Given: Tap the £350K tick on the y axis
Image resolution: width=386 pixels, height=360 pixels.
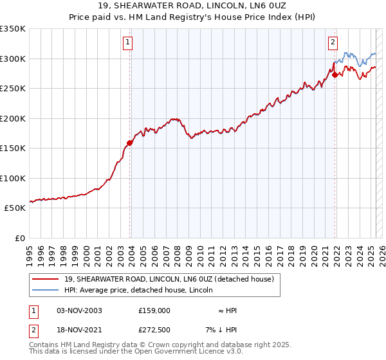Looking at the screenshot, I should click(x=13, y=29).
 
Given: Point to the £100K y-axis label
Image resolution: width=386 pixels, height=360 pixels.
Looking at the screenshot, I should click(x=13, y=178).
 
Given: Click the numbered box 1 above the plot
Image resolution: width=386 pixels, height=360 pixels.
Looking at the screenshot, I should click(x=128, y=43).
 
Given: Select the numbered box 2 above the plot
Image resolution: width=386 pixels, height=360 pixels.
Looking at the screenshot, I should click(x=333, y=43).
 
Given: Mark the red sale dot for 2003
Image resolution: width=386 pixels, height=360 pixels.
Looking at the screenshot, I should click(x=130, y=143).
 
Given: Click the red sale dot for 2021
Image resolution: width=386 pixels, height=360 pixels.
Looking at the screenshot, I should click(x=335, y=75).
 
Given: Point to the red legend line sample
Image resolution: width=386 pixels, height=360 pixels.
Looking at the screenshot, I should click(x=45, y=279).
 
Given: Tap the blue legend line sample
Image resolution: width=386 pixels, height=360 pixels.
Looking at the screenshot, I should click(x=45, y=291).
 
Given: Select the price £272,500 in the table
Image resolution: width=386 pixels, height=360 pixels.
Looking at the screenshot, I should click(x=154, y=331).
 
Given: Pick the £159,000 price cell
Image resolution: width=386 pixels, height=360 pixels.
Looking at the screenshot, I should click(x=154, y=310).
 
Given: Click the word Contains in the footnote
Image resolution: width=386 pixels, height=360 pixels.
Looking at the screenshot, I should click(x=44, y=346).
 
